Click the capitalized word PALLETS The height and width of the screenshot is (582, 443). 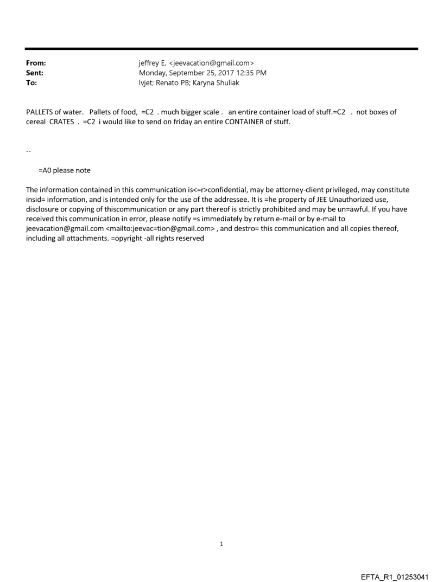(40, 112)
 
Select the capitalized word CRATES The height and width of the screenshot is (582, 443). (61, 121)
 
